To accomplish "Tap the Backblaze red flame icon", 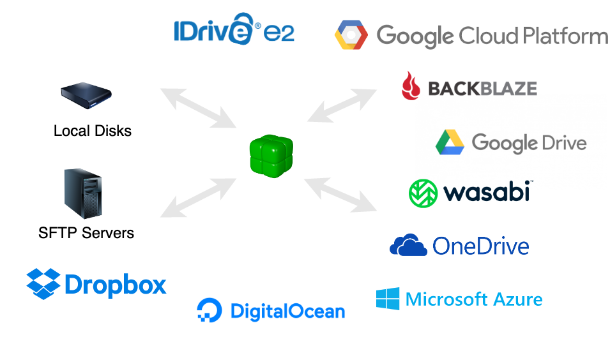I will coord(410,86).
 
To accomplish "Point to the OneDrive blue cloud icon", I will coord(408,245).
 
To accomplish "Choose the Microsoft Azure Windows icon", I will coord(388,299).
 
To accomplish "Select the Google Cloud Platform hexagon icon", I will coord(351,35).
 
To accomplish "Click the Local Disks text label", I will coord(93,131).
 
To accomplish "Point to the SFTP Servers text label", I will coord(86,232).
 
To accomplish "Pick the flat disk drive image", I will coord(86,96).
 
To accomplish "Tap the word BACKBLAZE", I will coord(482,88).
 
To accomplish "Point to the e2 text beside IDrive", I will coord(279,32).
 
